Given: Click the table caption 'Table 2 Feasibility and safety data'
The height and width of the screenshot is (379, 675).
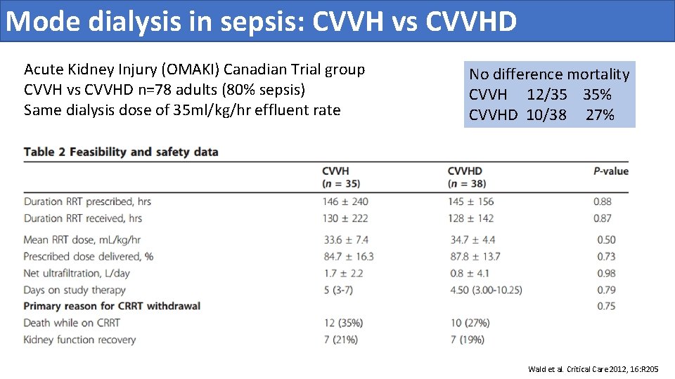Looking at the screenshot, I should coord(121,152).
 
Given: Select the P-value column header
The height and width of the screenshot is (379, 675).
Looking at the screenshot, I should coord(610,171).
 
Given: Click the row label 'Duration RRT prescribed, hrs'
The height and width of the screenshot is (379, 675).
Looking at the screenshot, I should coord(87,201).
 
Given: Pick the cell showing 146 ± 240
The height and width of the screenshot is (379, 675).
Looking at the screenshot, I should coord(345,201).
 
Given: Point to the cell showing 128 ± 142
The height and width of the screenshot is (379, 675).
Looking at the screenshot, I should coord(472,218).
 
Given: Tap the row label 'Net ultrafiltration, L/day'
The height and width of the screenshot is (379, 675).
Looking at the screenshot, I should coord(77,273).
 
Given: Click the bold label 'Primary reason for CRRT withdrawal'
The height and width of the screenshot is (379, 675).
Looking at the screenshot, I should coord(112,306).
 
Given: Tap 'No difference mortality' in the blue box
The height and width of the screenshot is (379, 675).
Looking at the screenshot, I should coord(549,74).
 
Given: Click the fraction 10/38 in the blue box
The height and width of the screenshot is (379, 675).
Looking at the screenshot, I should coord(546,115).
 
